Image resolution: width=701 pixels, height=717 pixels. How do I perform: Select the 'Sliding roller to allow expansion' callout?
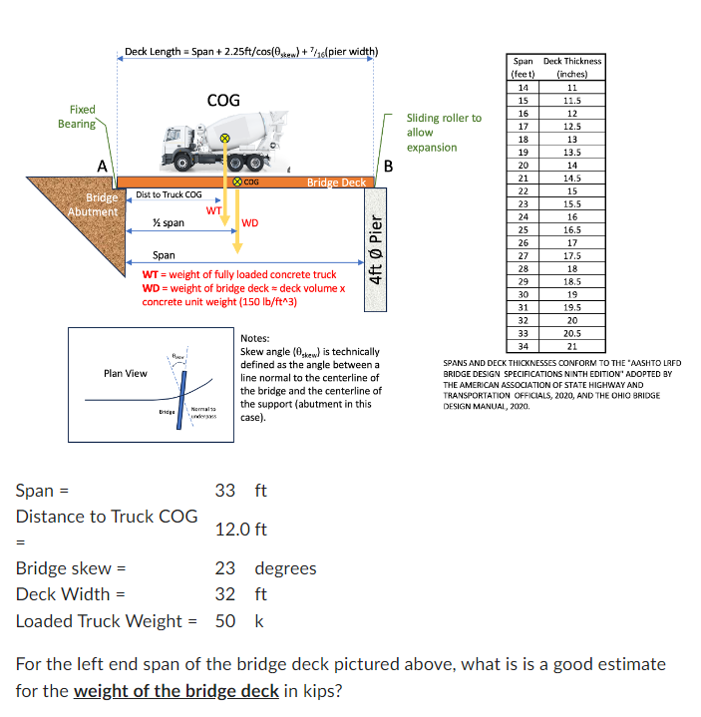click(x=444, y=132)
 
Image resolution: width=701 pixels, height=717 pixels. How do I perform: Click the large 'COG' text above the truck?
click(x=222, y=100)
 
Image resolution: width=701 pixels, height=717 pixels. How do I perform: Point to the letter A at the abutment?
click(x=101, y=166)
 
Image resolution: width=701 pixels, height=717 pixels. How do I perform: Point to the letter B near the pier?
click(x=389, y=166)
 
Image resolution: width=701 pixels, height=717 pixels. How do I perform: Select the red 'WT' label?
click(x=213, y=210)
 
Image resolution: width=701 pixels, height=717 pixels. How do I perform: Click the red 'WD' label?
click(x=249, y=223)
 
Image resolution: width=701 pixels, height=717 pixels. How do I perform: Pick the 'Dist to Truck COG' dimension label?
click(x=169, y=194)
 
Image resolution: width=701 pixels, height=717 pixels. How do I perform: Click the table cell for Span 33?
click(x=524, y=332)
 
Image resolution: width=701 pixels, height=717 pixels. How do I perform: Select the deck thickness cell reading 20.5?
click(x=572, y=332)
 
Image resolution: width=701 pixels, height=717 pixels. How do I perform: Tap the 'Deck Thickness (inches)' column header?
click(x=572, y=67)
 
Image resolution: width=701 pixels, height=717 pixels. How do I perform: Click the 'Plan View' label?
click(x=126, y=373)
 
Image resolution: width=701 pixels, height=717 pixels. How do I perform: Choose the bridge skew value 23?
click(x=225, y=568)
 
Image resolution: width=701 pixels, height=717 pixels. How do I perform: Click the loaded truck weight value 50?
click(x=225, y=621)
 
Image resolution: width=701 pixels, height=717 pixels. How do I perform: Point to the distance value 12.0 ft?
click(x=240, y=530)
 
